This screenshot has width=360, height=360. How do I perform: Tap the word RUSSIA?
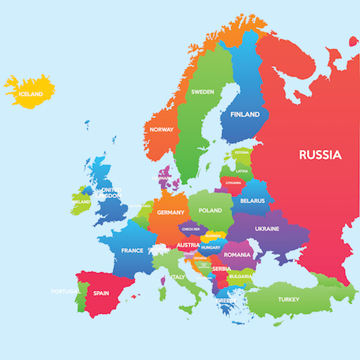pos(320,153)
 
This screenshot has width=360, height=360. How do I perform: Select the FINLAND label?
pos(245,114)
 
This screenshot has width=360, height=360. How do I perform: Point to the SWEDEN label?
pos(202,92)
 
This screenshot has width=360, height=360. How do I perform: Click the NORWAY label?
pos(161,130)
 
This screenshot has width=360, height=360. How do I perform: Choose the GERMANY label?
pos(171,212)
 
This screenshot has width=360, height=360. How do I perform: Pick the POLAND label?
pos(210,210)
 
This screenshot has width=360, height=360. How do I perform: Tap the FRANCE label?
pos(132,251)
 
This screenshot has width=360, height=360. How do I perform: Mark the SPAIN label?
pos(101,293)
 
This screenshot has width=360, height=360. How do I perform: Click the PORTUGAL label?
pos(64,292)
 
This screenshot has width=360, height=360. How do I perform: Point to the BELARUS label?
pos(253,201)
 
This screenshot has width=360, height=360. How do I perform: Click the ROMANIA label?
pos(237,254)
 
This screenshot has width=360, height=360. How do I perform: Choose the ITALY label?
pos(178,276)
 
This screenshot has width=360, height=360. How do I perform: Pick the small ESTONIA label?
pos(242,153)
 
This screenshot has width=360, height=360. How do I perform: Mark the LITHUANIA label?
pos(233,183)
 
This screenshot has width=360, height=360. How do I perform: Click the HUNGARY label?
pos(211,247)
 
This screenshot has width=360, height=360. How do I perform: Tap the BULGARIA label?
pos(240,276)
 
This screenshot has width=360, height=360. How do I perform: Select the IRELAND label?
pos(81,202)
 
